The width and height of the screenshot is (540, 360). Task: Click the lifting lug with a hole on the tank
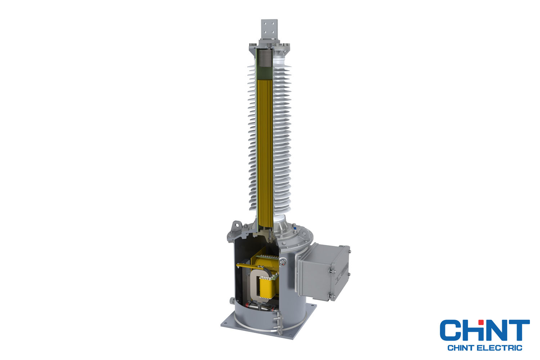[x=237, y=226]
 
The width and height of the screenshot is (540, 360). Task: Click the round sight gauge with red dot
[x=284, y=262]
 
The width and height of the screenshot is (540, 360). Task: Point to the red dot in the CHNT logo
[x=481, y=321]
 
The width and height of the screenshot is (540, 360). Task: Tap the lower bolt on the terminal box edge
[x=330, y=296]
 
